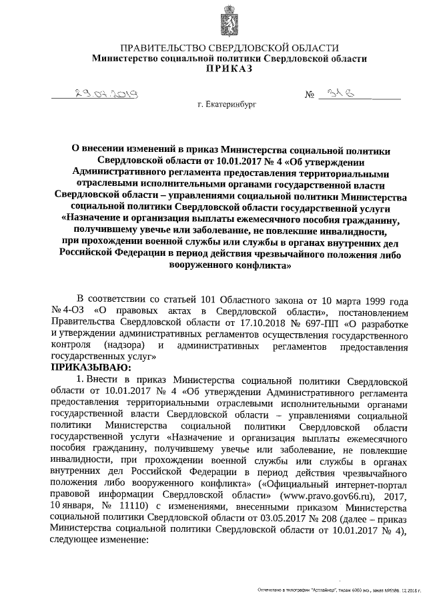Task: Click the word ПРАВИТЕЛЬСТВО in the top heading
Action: click(165, 48)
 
